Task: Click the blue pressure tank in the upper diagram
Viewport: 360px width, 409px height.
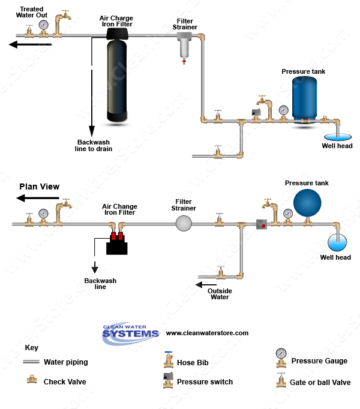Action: pyautogui.click(x=304, y=100)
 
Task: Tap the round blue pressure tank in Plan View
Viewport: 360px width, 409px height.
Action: pyautogui.click(x=307, y=203)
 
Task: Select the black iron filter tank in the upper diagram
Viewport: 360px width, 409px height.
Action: pyautogui.click(x=117, y=75)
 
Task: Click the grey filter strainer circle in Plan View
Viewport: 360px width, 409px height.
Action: pyautogui.click(x=184, y=224)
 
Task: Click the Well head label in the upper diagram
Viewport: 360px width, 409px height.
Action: pyautogui.click(x=337, y=146)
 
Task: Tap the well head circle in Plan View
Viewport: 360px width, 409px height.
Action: pyautogui.click(x=337, y=242)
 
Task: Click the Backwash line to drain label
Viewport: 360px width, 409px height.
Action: pyautogui.click(x=94, y=146)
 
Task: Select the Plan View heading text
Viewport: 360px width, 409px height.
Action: pyautogui.click(x=40, y=187)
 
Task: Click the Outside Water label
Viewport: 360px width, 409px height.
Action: pyautogui.click(x=220, y=294)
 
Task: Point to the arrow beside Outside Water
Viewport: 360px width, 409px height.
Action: pyautogui.click(x=206, y=285)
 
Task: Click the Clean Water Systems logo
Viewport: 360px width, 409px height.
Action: pyautogui.click(x=131, y=333)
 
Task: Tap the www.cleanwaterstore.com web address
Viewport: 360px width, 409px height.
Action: pyautogui.click(x=207, y=333)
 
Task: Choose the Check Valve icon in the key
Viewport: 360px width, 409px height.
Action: pyautogui.click(x=32, y=379)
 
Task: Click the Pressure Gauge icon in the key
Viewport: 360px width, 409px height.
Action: pyautogui.click(x=281, y=357)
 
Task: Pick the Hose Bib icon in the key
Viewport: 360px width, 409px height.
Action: pyautogui.click(x=169, y=359)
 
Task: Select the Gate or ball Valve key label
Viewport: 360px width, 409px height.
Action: pyautogui.click(x=320, y=383)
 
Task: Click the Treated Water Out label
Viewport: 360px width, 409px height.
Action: pyautogui.click(x=32, y=12)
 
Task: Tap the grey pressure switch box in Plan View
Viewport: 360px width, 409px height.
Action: pyautogui.click(x=262, y=224)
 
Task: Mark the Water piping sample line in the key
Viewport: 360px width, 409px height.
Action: pyautogui.click(x=31, y=362)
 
